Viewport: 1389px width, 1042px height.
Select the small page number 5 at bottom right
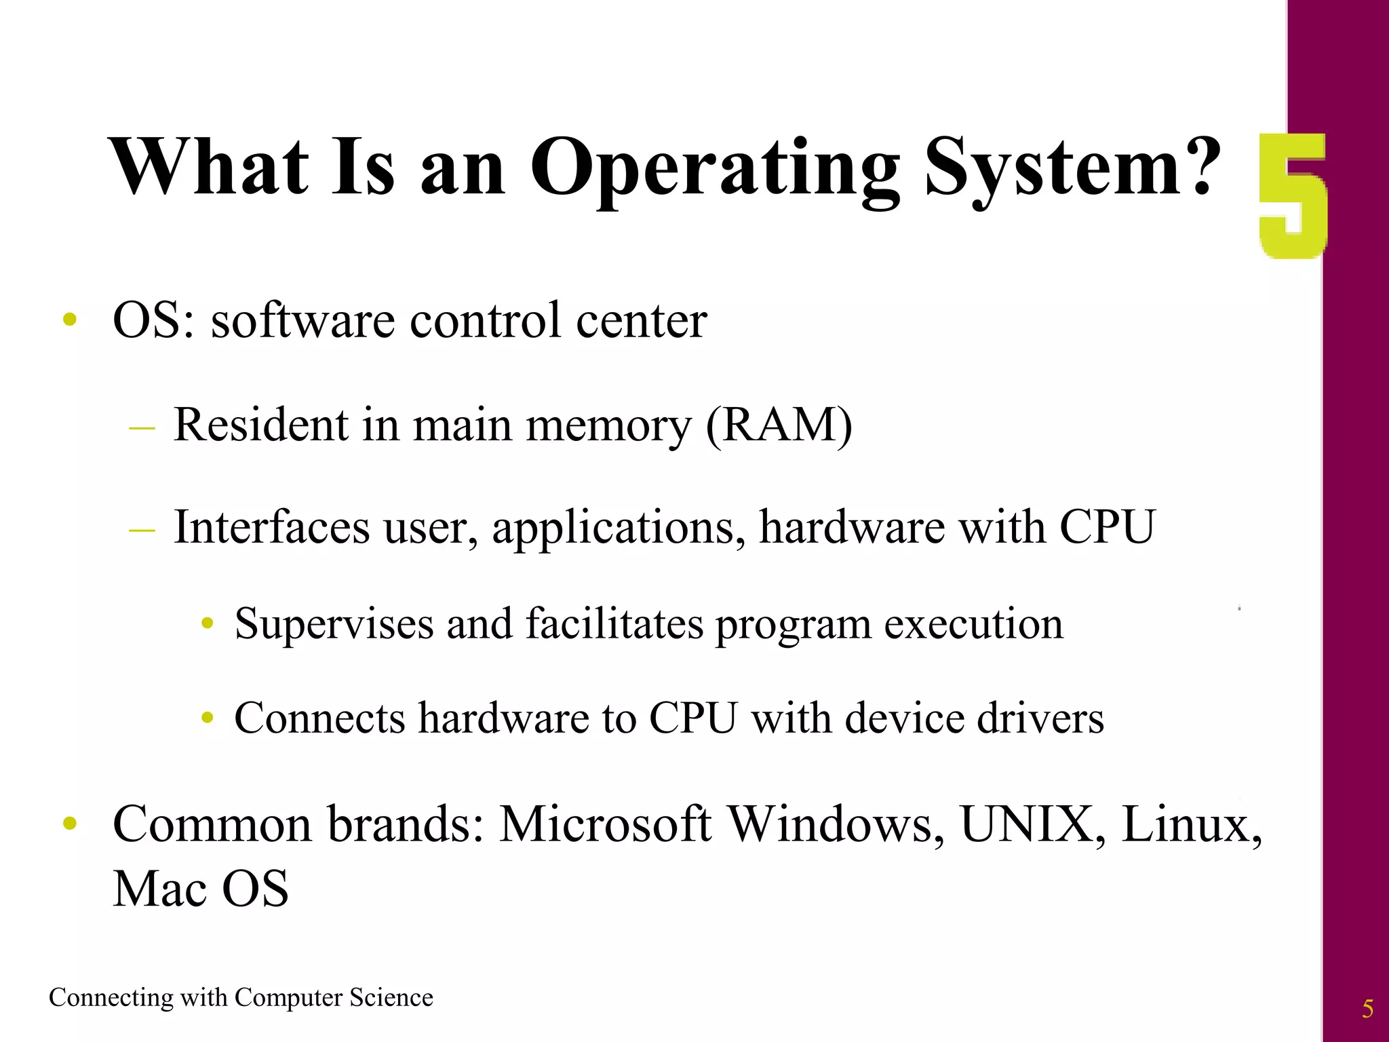point(1367,1009)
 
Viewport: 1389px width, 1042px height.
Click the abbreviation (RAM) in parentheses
point(779,425)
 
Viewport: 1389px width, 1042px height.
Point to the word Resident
point(261,425)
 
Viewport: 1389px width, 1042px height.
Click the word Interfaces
point(271,527)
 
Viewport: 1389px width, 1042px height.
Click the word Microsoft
point(606,824)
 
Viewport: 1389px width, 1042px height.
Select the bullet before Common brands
point(69,824)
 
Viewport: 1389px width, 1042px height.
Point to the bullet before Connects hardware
point(208,718)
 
